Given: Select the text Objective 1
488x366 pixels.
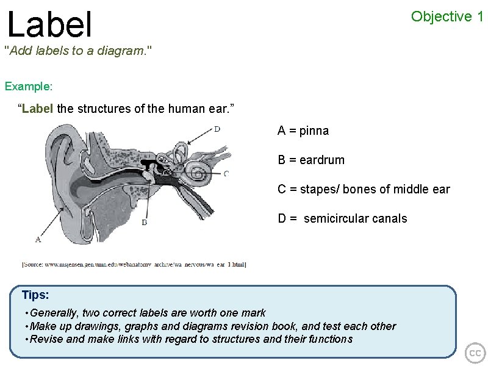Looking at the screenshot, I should (x=447, y=16).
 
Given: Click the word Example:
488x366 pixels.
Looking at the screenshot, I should (x=29, y=86).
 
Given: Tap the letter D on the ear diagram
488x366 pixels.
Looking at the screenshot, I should (x=217, y=129).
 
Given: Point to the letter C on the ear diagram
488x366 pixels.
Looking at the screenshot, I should (x=226, y=173).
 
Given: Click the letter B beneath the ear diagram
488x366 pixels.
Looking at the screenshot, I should (x=144, y=223).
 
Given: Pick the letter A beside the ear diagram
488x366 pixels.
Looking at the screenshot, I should (x=38, y=240).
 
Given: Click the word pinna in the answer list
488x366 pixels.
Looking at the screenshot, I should (x=314, y=131).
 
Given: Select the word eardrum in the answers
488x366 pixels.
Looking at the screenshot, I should (x=321, y=160).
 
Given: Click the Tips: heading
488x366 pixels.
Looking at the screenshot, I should (x=35, y=295).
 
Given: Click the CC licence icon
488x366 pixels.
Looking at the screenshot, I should (x=475, y=353).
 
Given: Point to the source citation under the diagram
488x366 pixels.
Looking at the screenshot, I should (x=134, y=264).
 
